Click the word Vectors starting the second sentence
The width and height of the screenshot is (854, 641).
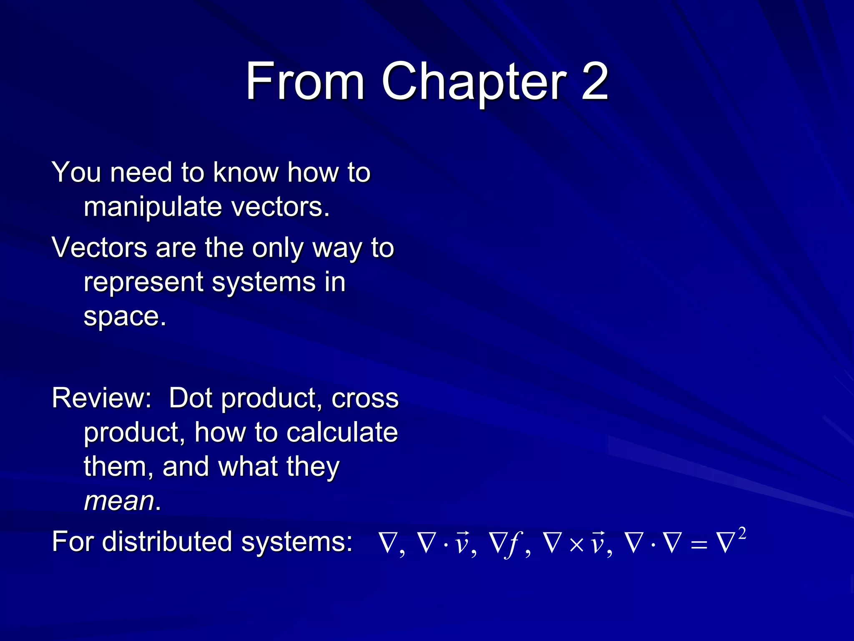point(99,247)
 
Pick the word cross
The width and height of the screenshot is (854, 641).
point(365,399)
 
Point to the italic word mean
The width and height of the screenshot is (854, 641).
point(119,500)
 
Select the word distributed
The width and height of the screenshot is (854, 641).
point(167,542)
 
